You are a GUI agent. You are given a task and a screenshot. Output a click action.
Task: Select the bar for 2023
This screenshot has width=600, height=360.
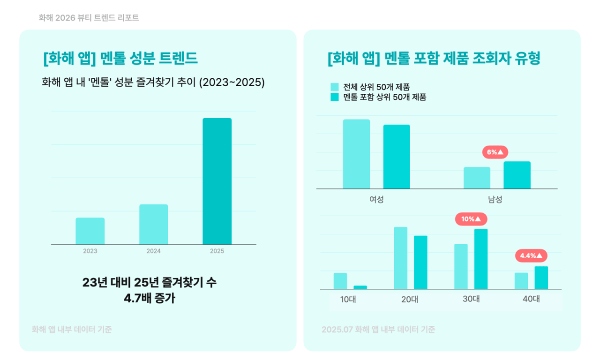coord(90,231)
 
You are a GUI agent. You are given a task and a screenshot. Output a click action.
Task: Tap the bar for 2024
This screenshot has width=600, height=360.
coord(153,225)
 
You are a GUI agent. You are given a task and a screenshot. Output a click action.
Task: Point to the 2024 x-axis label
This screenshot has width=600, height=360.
coord(153,251)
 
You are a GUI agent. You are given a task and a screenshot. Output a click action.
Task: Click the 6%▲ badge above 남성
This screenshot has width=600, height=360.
coord(495,152)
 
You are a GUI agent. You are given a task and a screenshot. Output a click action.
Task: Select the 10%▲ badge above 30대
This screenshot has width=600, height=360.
coord(471,219)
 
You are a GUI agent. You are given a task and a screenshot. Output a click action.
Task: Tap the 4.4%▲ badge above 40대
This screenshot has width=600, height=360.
coord(531,255)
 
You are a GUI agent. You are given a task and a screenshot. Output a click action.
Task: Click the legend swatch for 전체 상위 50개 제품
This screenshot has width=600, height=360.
coord(334,87)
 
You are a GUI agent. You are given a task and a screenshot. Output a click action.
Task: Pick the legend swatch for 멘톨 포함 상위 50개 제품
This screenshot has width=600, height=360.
coord(334,97)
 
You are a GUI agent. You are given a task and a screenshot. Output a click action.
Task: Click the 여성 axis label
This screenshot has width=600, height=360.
coord(376,199)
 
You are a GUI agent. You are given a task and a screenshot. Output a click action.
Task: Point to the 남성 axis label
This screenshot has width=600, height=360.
coord(495,199)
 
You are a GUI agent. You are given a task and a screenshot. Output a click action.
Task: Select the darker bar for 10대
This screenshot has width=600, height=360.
coord(360,287)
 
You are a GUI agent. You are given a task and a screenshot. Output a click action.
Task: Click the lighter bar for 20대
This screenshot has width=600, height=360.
coord(400,258)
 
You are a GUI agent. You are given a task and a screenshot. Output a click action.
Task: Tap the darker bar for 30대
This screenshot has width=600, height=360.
coord(481,259)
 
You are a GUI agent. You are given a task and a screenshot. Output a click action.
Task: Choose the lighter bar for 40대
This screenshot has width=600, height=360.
coord(521,281)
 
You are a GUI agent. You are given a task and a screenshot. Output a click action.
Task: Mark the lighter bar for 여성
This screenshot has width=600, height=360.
coord(356,154)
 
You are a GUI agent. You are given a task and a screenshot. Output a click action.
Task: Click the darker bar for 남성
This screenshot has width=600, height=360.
coord(517,175)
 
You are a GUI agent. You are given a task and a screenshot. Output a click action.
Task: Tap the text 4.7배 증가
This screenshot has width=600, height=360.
coord(149,299)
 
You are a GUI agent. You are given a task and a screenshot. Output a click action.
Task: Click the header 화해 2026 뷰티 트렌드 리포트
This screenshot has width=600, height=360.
coord(89,18)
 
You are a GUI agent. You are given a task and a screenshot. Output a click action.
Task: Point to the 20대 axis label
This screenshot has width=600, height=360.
coord(410,299)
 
